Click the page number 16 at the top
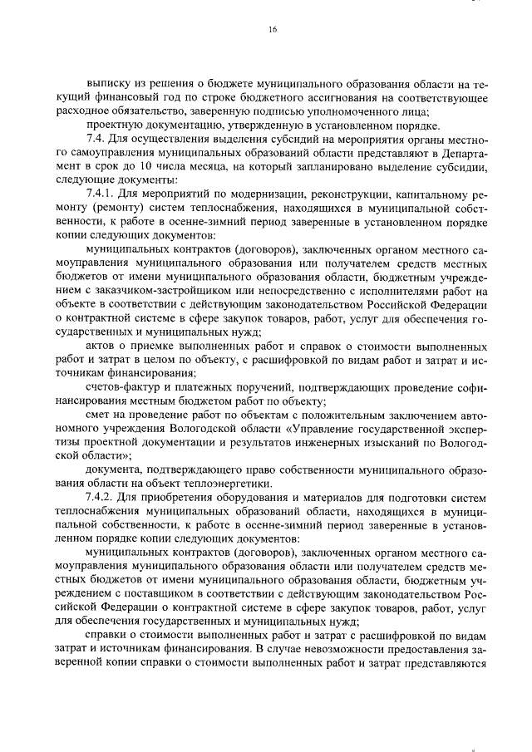pos(272,30)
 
